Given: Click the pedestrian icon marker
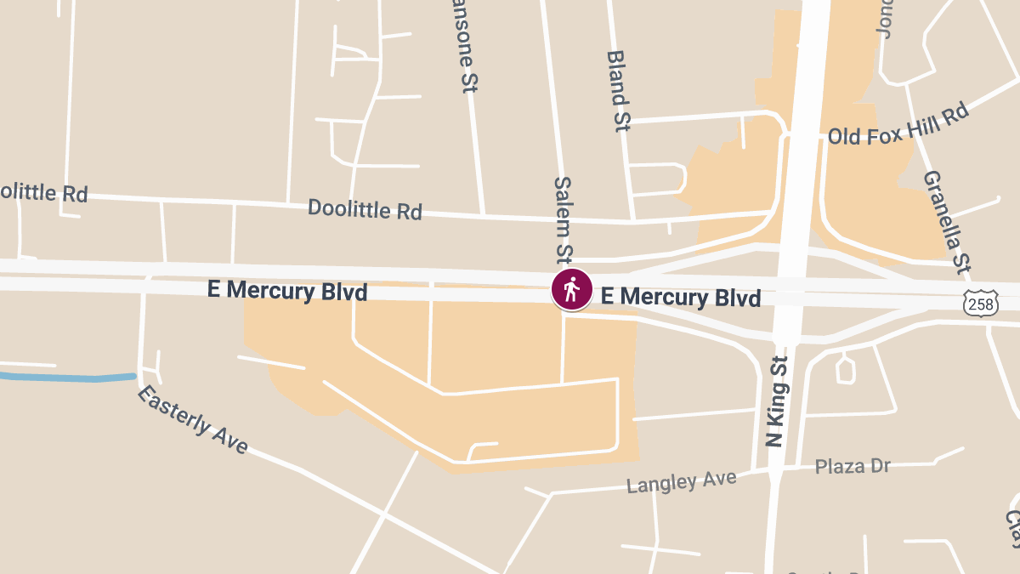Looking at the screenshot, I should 572,290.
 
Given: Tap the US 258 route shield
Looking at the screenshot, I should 981,303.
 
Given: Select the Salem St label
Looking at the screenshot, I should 564,219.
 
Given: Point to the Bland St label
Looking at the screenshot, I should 618,90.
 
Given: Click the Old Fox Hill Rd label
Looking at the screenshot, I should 898,124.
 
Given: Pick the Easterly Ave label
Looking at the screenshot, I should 193,419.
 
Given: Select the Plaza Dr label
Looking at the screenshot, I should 852,466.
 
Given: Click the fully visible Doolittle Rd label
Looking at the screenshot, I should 365,209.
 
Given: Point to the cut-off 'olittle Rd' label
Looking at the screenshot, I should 42,192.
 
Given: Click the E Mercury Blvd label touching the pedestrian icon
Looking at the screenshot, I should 680,297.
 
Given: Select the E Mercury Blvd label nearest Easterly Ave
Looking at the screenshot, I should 287,291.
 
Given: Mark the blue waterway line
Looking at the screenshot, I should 68,377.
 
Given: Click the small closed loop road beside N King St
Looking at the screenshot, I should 845,369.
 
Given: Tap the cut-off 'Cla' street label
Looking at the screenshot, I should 1012,527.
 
